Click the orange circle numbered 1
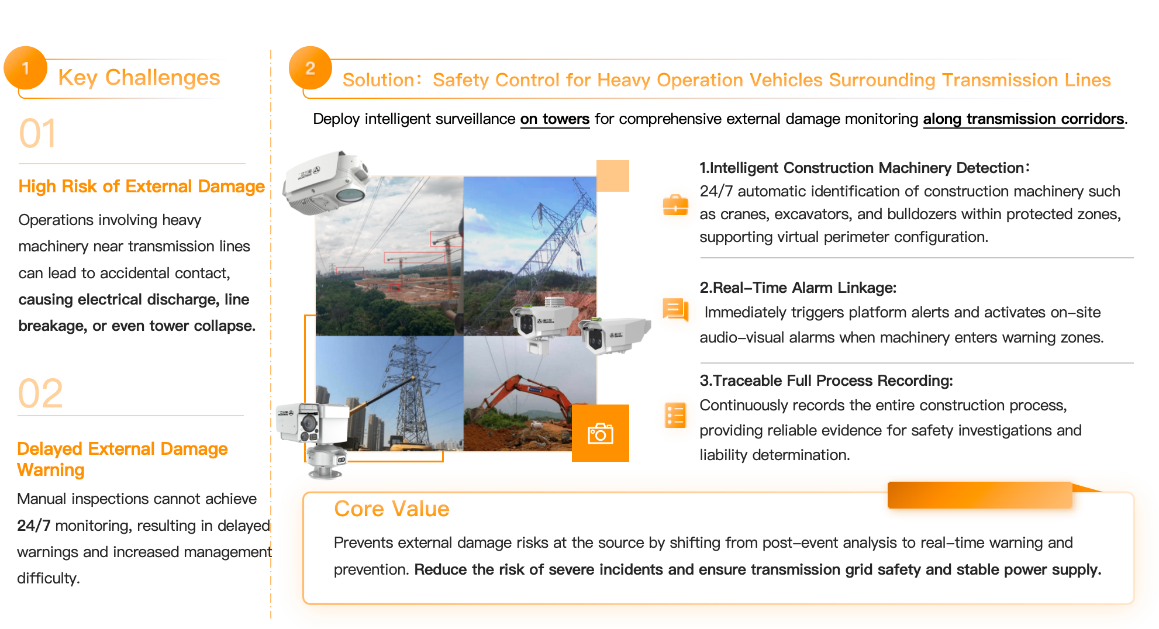click(x=26, y=68)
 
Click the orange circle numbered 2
click(x=311, y=68)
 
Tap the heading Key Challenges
click(x=139, y=77)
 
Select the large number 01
click(x=38, y=133)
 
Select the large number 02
click(x=40, y=393)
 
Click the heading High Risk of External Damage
click(x=142, y=186)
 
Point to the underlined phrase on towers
click(x=555, y=119)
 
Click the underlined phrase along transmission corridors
click(x=1023, y=119)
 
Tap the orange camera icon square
click(x=601, y=433)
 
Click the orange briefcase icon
click(x=675, y=205)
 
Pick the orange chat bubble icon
click(x=675, y=309)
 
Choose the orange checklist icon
click(x=675, y=415)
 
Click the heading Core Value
click(x=392, y=509)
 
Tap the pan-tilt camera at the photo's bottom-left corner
click(x=313, y=438)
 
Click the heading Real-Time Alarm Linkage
click(x=798, y=288)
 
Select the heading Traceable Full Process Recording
click(x=826, y=381)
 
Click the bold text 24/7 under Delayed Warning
click(x=34, y=526)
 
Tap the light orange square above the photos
click(x=613, y=176)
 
